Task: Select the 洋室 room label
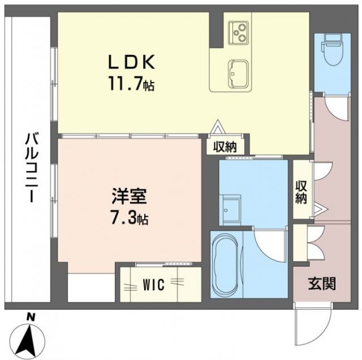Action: [128, 199]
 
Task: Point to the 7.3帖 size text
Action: [129, 219]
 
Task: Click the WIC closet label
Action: [154, 285]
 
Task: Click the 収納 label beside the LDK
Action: [224, 147]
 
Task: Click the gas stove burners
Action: [238, 32]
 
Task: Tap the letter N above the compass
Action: [32, 317]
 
